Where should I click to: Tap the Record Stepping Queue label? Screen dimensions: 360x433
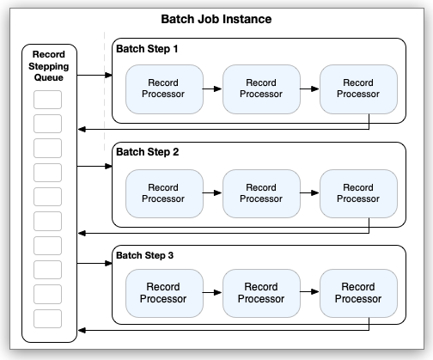[x=48, y=66]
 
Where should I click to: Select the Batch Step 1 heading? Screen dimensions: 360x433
[x=147, y=49]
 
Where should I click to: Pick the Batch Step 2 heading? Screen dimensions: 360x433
[x=147, y=152]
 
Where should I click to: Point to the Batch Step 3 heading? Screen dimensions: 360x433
[x=147, y=255]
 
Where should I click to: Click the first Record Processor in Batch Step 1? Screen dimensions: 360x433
[x=163, y=89]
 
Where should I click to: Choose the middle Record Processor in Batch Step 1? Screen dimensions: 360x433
[x=261, y=89]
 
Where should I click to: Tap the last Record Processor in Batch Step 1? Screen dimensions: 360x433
[x=358, y=89]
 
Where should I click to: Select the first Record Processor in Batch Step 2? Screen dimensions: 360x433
[x=163, y=192]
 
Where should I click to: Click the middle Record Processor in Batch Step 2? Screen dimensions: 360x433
[x=261, y=192]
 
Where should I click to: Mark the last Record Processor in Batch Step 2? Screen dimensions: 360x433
[x=358, y=192]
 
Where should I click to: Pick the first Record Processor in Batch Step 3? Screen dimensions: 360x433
[x=163, y=293]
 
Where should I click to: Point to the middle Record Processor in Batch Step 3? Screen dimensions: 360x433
[x=261, y=293]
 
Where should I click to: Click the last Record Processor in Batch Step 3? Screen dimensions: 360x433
[x=358, y=293]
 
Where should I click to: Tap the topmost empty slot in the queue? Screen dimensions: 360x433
[x=48, y=99]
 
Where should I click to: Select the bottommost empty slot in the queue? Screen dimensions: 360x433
[x=48, y=319]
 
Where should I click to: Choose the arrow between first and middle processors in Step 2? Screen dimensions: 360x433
[x=212, y=192]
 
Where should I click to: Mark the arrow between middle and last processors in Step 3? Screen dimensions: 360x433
[x=309, y=293]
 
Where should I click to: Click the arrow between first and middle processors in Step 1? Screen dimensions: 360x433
[x=212, y=89]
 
